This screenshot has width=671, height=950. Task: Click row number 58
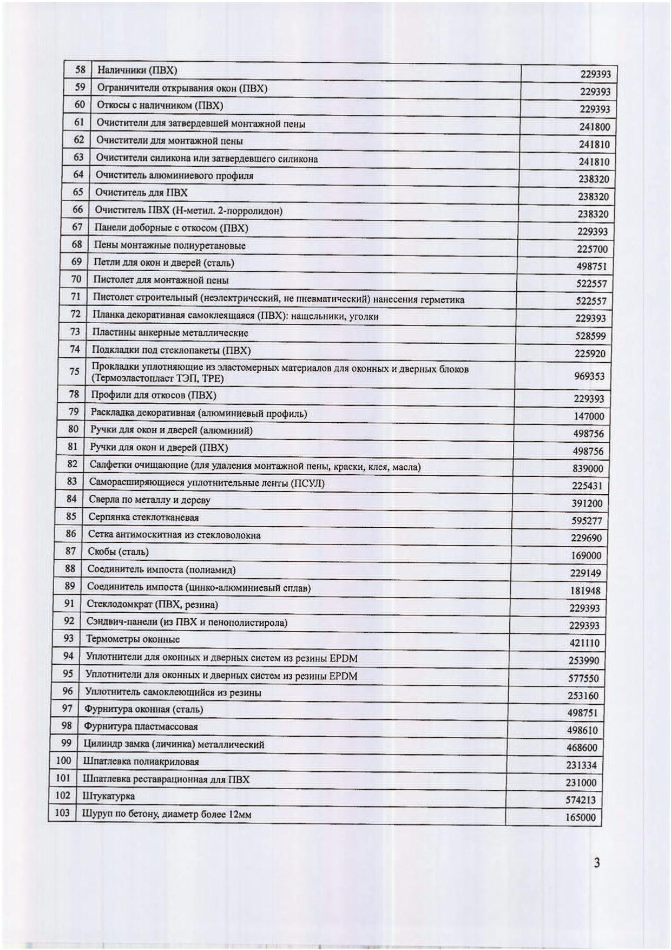80,70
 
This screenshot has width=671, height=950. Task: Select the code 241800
594,127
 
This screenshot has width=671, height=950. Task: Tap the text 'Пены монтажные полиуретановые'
170,246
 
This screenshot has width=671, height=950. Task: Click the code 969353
589,376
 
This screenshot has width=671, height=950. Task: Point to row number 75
75,371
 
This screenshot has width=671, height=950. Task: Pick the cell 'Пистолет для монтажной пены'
161,280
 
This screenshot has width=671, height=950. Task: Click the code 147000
589,416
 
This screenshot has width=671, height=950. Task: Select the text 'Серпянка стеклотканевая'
143,517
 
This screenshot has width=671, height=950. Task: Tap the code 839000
588,468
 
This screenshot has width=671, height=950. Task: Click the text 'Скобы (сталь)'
118,552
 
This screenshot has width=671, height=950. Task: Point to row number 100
64,761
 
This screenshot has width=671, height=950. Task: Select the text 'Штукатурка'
109,796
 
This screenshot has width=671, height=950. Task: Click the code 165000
581,817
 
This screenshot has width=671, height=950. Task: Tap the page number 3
596,863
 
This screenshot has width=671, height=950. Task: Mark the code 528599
590,336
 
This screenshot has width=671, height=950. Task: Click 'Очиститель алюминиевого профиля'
174,175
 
